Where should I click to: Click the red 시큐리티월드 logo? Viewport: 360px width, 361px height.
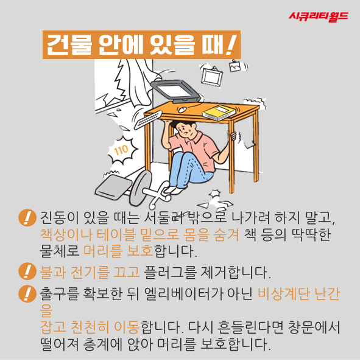pos(319,16)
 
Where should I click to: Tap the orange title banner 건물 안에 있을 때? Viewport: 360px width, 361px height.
pos(141,44)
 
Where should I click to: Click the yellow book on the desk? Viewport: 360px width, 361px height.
pos(218,113)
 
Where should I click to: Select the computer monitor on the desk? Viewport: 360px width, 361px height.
pos(175,91)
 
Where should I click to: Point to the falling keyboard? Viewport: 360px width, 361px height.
pos(148,119)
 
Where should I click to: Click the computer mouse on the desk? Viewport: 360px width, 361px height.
pos(182,110)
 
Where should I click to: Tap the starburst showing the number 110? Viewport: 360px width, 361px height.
pos(122,150)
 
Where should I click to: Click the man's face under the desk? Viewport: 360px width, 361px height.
pos(187,130)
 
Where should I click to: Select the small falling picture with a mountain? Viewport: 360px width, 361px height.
pos(235,66)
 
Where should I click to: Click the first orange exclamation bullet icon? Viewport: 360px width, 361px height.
pos(27,217)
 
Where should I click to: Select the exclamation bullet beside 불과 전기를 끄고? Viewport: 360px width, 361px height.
pos(27,272)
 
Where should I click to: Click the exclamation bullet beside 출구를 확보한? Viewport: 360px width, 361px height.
pos(27,293)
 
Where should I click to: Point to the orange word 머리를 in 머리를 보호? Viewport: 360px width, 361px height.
pos(102,250)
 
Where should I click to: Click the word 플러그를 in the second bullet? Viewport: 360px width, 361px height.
pos(171,272)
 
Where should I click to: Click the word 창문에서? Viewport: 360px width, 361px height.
pos(314,327)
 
